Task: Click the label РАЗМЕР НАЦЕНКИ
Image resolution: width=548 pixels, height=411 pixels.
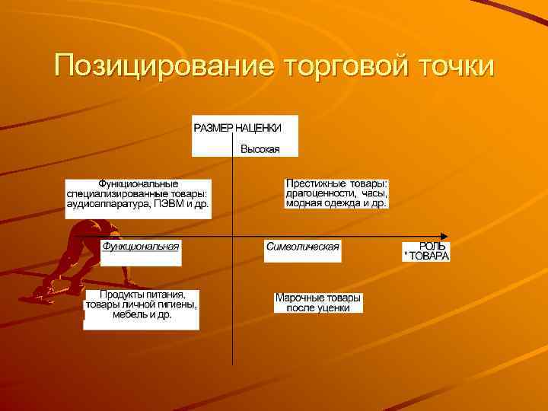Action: click(x=237, y=127)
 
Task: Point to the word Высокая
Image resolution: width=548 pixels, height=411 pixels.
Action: click(x=260, y=149)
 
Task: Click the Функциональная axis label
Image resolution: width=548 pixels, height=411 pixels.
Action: click(x=141, y=246)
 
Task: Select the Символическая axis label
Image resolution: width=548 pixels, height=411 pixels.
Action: click(x=302, y=247)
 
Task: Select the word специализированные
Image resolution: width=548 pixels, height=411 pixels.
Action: click(x=109, y=194)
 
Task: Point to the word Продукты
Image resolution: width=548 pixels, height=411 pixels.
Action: click(x=112, y=295)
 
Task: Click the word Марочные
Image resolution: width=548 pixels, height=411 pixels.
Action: click(x=296, y=298)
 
